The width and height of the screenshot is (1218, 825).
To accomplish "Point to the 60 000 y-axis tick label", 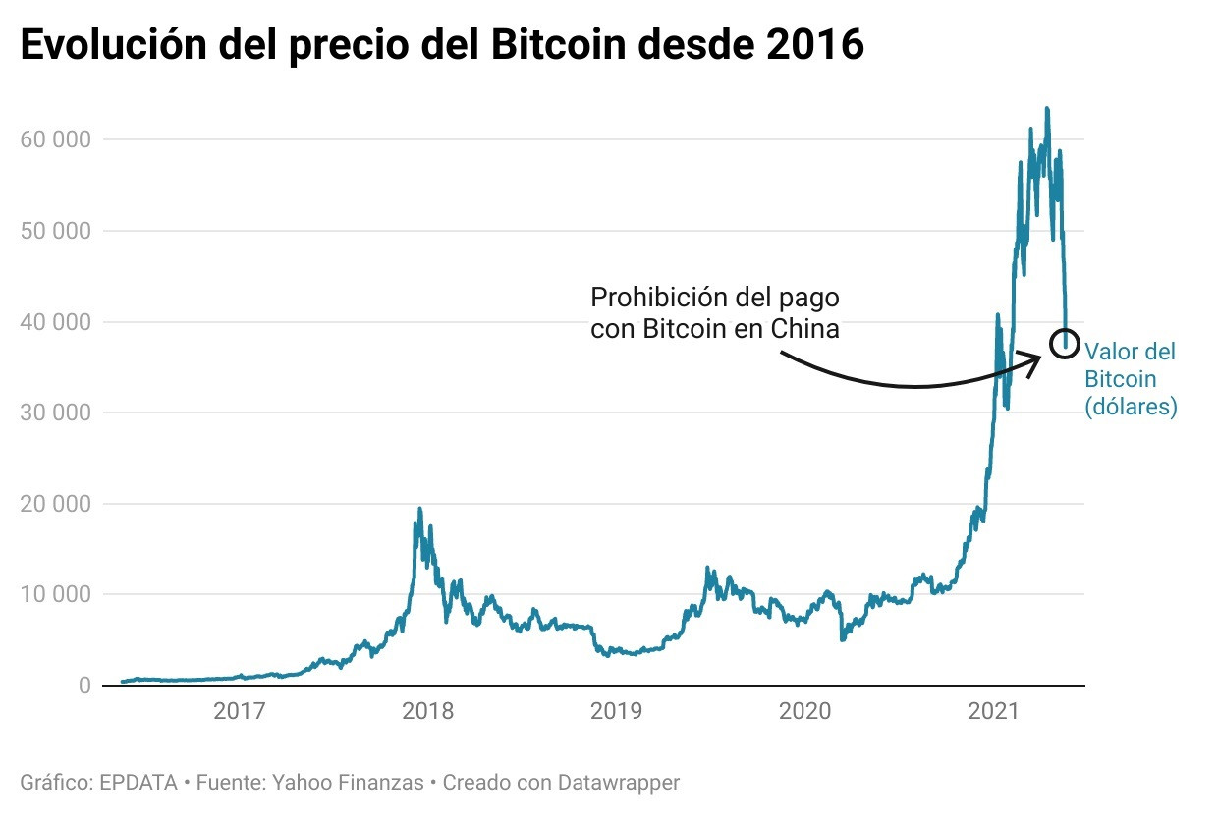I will click(x=56, y=139).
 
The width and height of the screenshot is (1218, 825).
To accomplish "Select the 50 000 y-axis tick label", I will click(x=56, y=231).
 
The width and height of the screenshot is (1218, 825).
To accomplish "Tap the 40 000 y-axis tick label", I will click(x=56, y=322).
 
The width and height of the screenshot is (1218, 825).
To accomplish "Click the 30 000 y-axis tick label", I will click(x=56, y=412).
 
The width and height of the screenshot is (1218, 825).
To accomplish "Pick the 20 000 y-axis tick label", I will click(x=56, y=504).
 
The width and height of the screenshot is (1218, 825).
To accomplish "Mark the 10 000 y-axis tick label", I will click(x=56, y=595).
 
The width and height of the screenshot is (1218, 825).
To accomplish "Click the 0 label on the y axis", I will click(x=84, y=686).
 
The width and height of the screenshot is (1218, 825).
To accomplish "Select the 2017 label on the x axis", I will click(x=240, y=711).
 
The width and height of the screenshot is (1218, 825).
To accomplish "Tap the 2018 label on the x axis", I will click(x=428, y=711).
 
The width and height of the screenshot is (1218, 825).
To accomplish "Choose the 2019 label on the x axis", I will click(x=617, y=711).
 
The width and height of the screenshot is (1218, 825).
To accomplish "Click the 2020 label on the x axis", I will click(x=805, y=711).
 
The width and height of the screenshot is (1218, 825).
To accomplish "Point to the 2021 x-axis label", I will click(x=994, y=711).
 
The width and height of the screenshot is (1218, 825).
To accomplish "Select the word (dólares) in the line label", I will click(x=1131, y=407).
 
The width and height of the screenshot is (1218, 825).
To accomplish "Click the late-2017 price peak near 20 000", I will click(x=419, y=510).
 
